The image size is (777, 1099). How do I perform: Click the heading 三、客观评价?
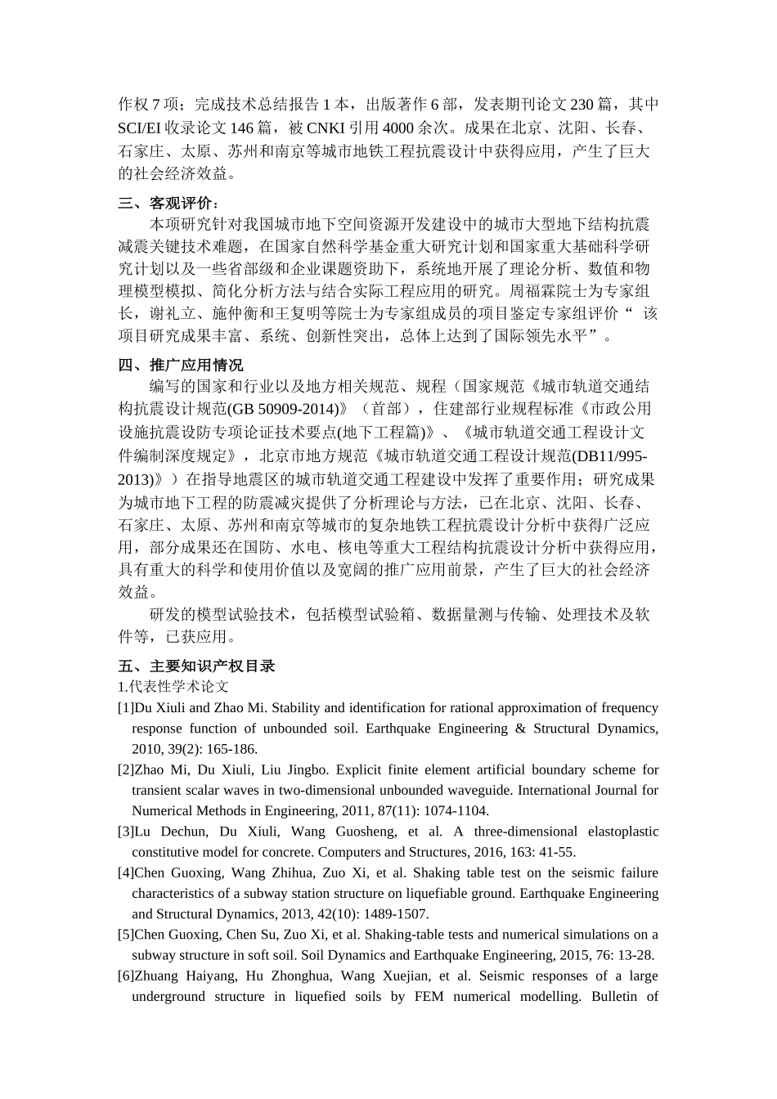168,204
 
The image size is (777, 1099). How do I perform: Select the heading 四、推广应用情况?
181,366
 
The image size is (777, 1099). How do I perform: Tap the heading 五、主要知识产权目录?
196,666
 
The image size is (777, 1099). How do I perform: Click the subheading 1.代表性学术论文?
173,687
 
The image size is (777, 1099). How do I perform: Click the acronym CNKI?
326,128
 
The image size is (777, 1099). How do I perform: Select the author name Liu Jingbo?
308,770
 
